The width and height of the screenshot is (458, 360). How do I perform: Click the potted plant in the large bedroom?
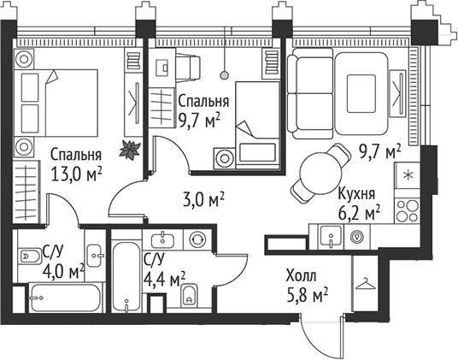pyautogui.click(x=131, y=149)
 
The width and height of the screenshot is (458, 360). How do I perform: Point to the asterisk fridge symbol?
pyautogui.click(x=407, y=177)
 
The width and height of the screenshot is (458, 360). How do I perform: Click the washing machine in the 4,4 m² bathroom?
pyautogui.click(x=197, y=239)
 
